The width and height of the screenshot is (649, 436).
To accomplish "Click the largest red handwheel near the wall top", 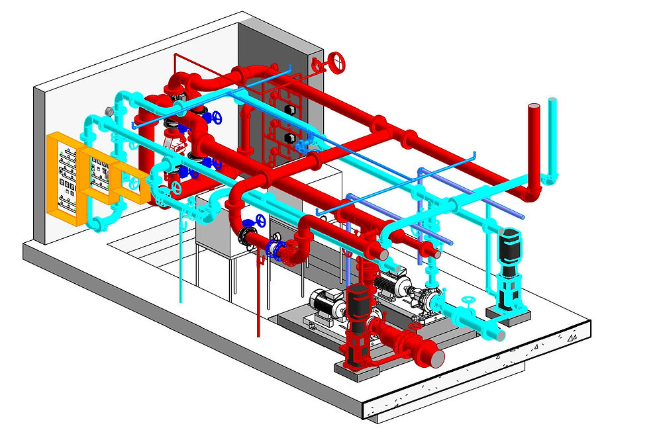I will tap(337, 62).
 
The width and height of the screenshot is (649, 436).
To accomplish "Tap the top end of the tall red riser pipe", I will tap(534, 108).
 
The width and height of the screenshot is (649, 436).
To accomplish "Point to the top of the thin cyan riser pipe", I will tap(552, 101).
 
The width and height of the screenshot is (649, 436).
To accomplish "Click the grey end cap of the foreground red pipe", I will tap(438, 358).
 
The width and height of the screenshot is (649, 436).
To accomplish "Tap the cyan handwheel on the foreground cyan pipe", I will tap(469, 304).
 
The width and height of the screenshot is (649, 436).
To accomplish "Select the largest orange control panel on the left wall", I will tap(66, 179).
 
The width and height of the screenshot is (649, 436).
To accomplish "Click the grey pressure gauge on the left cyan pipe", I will tap(107, 110).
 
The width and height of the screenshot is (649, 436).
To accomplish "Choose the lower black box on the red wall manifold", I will tap(289, 138).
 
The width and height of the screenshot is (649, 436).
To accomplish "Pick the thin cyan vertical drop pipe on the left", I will tap(180, 265).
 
